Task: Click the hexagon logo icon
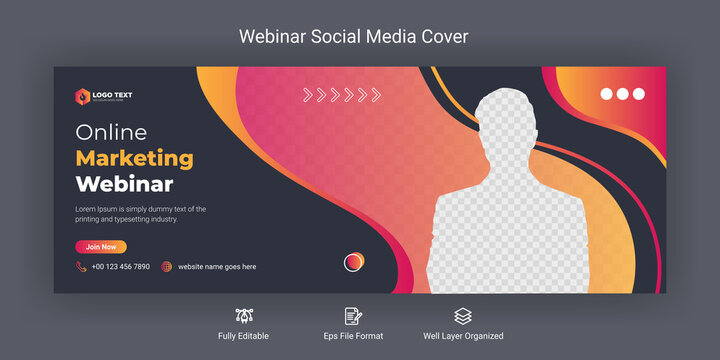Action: [82, 96]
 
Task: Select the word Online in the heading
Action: [111, 132]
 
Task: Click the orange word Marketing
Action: [134, 158]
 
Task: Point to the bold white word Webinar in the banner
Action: [124, 184]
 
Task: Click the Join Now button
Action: [101, 246]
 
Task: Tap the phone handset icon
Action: [81, 267]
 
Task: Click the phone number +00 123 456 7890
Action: [120, 267]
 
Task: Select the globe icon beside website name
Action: [167, 267]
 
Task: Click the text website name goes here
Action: [217, 267]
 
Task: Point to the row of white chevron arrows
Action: [342, 96]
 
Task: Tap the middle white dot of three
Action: [623, 94]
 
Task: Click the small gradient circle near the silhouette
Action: [354, 262]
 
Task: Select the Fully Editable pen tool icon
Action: [244, 316]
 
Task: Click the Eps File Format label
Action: [353, 336]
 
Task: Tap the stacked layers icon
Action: [462, 316]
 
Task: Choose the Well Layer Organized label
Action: [462, 336]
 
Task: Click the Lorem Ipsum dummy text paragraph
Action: [141, 214]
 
